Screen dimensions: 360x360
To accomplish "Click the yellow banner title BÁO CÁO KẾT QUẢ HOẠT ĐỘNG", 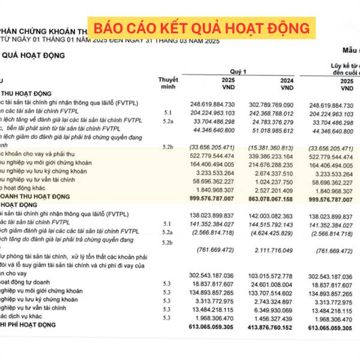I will click(201, 28).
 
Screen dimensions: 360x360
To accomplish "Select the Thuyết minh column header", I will click(168, 83).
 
